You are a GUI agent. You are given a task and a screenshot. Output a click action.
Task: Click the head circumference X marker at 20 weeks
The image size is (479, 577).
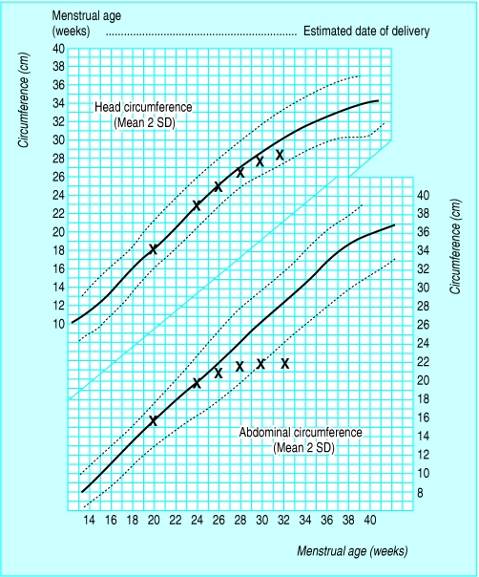click(154, 249)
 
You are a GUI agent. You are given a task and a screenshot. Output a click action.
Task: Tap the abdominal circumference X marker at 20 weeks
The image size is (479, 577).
click(154, 420)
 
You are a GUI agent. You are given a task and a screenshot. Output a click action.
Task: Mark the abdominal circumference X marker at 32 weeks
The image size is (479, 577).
click(284, 363)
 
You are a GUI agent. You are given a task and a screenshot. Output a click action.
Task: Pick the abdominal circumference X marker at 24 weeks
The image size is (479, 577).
click(197, 383)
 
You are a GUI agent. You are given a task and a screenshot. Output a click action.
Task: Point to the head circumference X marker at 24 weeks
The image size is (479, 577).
click(197, 205)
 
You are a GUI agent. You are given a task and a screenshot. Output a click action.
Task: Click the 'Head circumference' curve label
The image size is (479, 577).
click(142, 108)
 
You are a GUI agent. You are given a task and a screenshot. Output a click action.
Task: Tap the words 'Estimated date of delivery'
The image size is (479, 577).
click(365, 32)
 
